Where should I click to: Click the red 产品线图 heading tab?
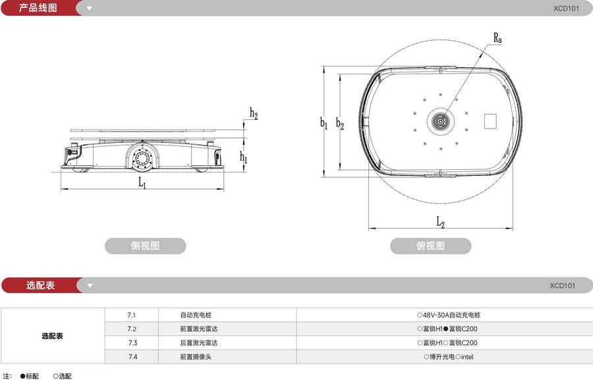coord(38,9)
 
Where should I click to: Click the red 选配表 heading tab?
coord(40,285)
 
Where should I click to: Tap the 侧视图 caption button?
coord(145,246)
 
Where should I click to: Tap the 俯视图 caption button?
coord(430,246)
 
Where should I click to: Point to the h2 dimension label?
coord(254,113)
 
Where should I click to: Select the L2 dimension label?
coord(440,223)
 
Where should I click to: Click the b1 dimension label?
coord(324,123)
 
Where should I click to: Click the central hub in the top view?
coord(439,121)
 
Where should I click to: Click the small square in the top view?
coord(491,121)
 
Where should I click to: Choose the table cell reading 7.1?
coord(132,315)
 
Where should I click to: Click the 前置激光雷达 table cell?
coord(198,329)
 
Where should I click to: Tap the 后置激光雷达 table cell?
coord(198,342)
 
